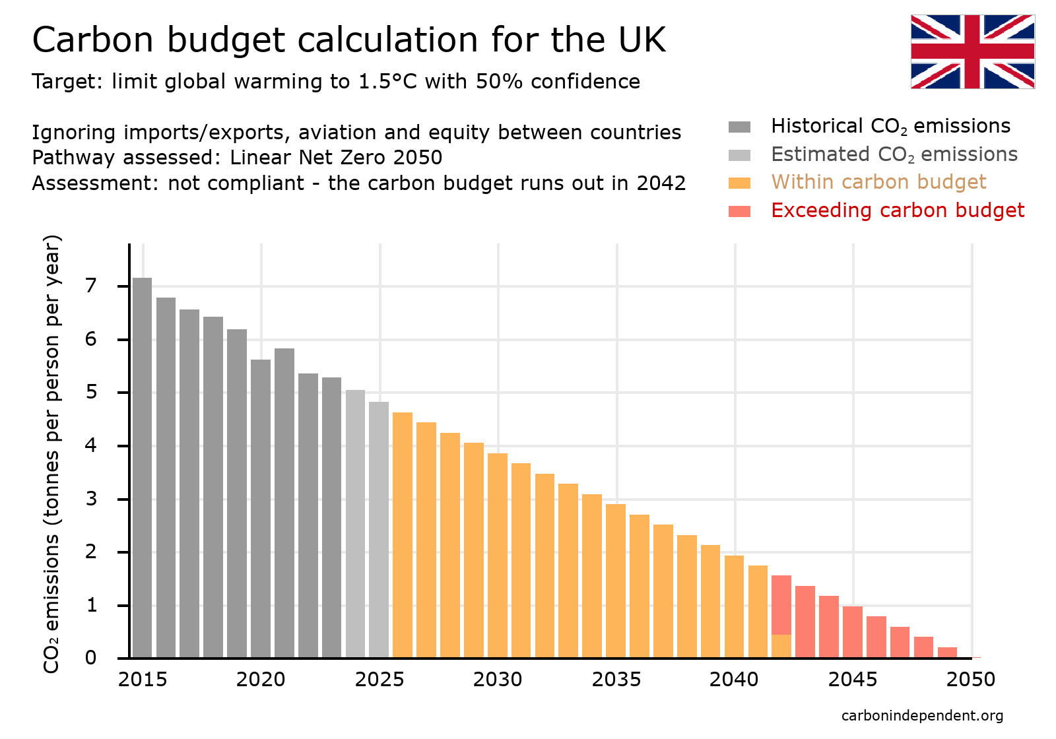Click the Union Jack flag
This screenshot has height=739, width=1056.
[x=972, y=51]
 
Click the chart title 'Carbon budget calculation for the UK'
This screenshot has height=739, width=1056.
[x=348, y=40]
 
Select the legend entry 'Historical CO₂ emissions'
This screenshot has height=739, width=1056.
[x=890, y=126]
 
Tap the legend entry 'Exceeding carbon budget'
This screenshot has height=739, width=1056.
[x=897, y=210]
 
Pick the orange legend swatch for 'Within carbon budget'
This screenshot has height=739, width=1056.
[x=739, y=183]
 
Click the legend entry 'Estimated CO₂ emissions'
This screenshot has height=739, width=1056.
[x=894, y=154]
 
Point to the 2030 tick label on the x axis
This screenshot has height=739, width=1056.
[x=497, y=680]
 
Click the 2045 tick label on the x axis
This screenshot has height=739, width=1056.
[x=852, y=680]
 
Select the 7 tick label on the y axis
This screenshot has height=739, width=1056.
[x=91, y=286]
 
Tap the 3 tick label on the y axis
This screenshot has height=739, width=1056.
[x=91, y=499]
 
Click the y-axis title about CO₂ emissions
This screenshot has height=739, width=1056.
[x=51, y=453]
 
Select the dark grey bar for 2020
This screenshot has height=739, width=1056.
[x=261, y=508]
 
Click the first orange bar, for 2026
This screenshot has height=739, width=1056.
[x=403, y=534]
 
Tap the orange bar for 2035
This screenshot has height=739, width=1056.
[x=615, y=581]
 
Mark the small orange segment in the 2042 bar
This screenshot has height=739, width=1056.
[x=781, y=646]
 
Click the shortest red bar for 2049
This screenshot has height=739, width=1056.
[x=947, y=653]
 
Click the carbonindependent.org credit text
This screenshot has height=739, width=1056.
[x=922, y=716]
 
